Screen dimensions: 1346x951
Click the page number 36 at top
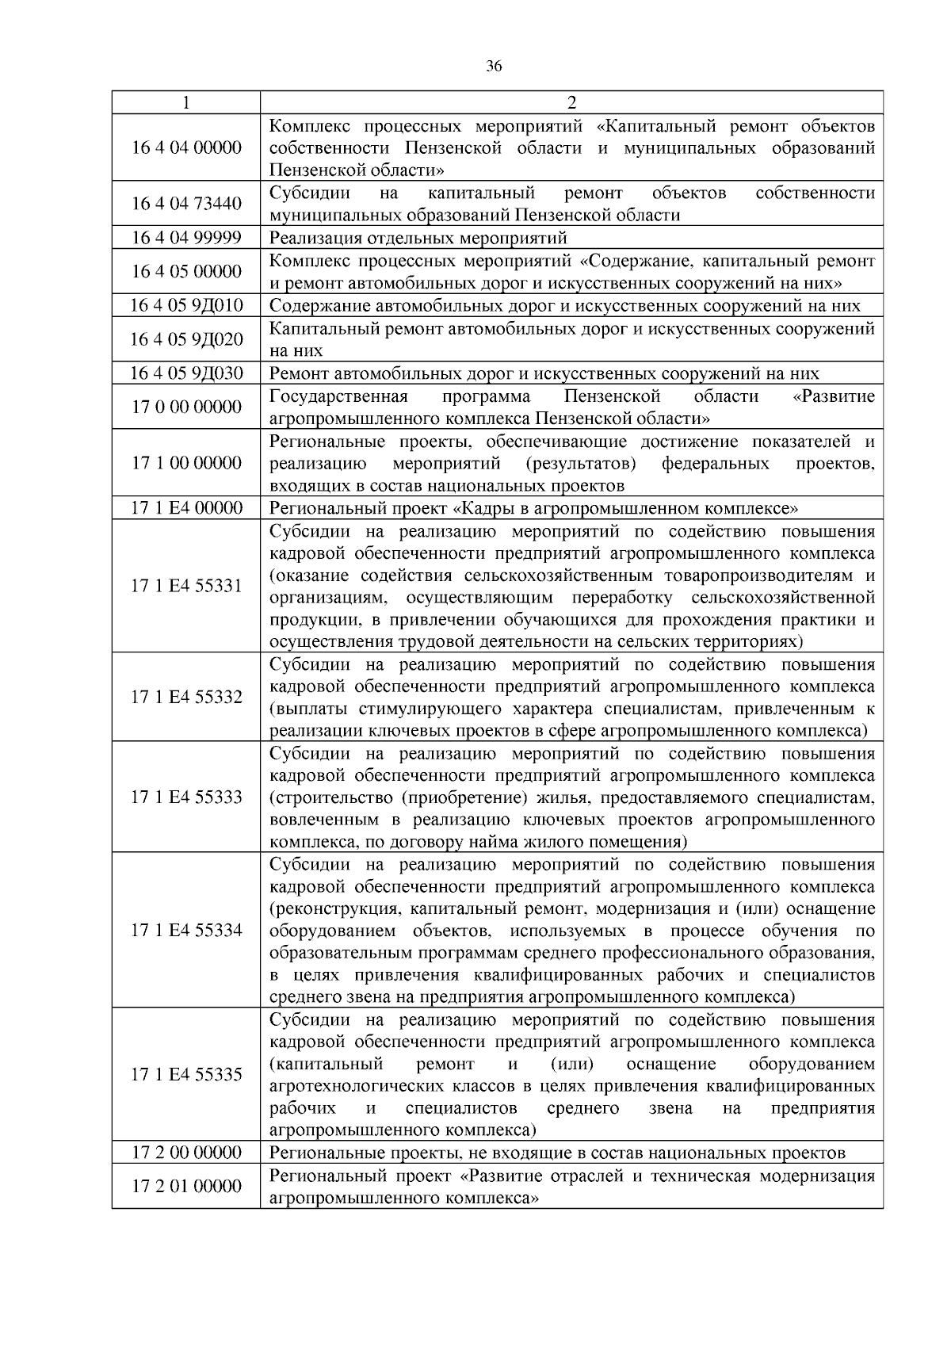point(493,67)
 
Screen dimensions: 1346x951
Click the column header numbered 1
point(185,102)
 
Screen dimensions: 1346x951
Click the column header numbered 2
point(571,102)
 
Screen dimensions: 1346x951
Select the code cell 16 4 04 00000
point(186,147)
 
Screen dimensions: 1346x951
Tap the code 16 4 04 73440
point(186,204)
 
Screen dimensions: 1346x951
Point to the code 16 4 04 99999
point(186,238)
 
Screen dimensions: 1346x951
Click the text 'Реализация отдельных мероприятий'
point(418,238)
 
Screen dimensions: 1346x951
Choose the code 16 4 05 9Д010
point(186,305)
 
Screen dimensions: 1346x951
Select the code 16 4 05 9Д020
point(186,339)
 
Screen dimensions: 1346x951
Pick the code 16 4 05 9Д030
point(186,373)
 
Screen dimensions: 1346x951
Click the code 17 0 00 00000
point(186,407)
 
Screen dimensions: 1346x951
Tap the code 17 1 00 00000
point(186,463)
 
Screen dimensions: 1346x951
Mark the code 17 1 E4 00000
point(186,507)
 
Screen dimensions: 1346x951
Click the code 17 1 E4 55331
point(186,586)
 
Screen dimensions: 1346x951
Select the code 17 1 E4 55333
point(186,797)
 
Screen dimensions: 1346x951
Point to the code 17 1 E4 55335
point(186,1075)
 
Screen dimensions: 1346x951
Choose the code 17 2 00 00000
point(186,1152)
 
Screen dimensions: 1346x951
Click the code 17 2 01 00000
point(186,1186)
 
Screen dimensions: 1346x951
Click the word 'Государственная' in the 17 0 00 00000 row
point(338,396)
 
